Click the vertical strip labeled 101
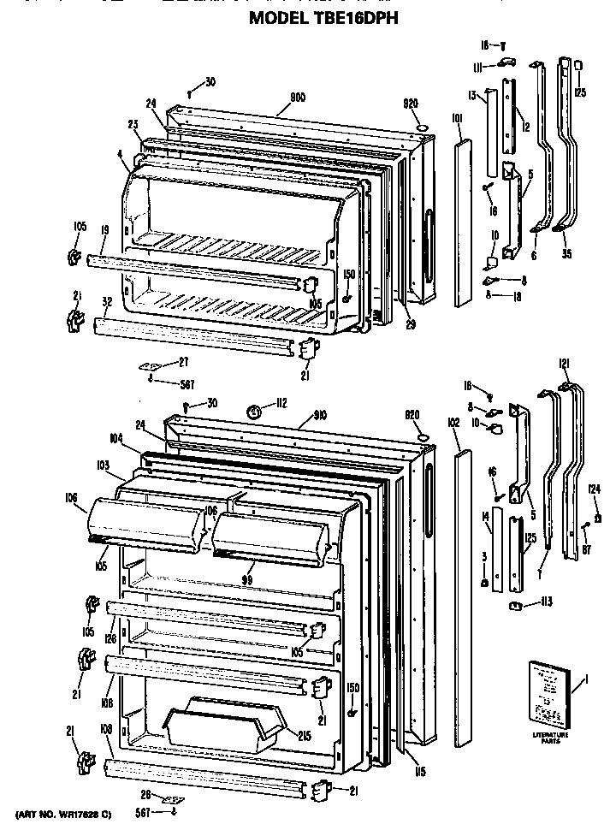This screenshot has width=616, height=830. (463, 223)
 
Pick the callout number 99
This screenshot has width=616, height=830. (249, 580)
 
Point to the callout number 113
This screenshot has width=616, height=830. (545, 602)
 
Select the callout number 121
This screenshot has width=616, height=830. (564, 363)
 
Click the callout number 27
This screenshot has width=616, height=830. (182, 363)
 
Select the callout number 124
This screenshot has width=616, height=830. (593, 490)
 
